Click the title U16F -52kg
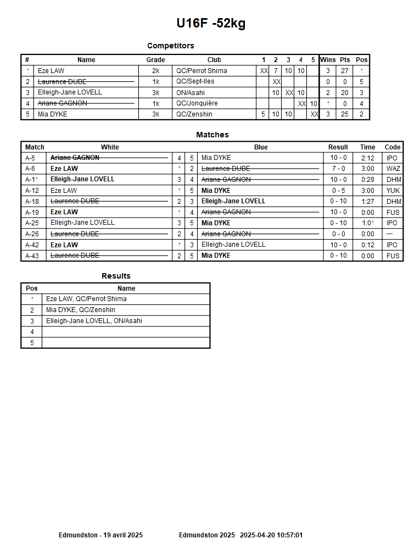point(211,23)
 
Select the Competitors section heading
point(170,46)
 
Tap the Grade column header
point(155,60)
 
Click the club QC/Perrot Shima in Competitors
point(201,71)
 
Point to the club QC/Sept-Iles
point(195,81)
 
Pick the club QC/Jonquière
point(197,103)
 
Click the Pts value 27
point(345,71)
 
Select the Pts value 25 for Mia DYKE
point(345,114)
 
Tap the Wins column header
point(328,60)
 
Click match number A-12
point(32,191)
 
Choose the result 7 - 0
point(338,169)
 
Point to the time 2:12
point(368,158)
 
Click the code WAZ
point(393,169)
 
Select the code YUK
point(393,191)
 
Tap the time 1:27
point(368,202)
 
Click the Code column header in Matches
point(393,147)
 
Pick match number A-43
point(32,256)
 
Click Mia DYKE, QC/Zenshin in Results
point(81,310)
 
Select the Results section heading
point(116,276)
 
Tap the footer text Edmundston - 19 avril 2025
point(100,535)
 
